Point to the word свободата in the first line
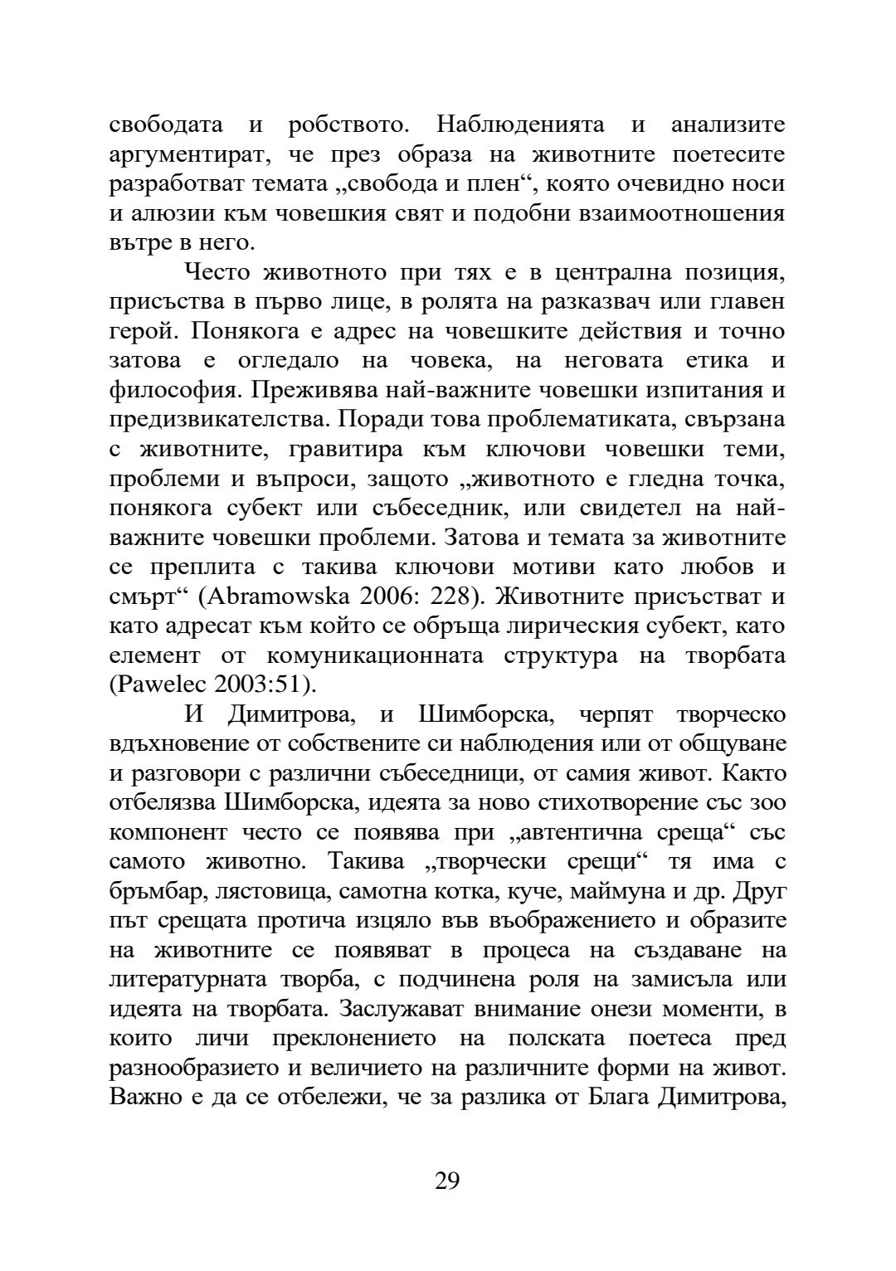pos(166,125)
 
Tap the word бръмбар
pos(158,891)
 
